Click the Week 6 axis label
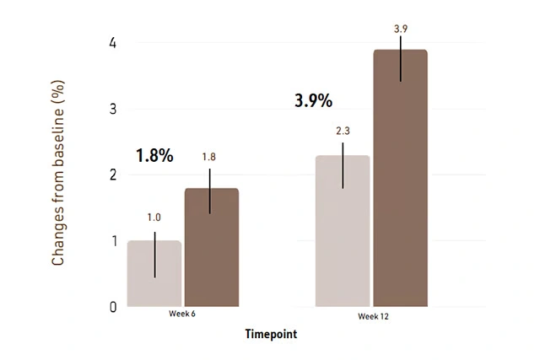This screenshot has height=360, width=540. click(x=183, y=315)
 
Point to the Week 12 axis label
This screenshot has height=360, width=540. click(x=372, y=316)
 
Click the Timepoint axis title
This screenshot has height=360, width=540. click(x=271, y=334)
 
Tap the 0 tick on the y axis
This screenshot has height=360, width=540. click(x=112, y=307)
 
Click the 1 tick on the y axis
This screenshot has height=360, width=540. click(x=112, y=241)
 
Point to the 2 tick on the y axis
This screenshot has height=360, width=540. click(x=112, y=175)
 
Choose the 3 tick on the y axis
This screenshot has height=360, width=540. click(x=112, y=110)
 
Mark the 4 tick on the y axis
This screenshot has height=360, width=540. click(x=112, y=44)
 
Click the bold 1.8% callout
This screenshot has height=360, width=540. click(x=154, y=156)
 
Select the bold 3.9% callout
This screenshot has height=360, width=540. click(x=313, y=100)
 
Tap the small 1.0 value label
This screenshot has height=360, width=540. click(x=154, y=218)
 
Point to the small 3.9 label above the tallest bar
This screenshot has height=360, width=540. click(x=401, y=30)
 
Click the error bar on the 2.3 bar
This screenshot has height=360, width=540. click(x=343, y=166)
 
